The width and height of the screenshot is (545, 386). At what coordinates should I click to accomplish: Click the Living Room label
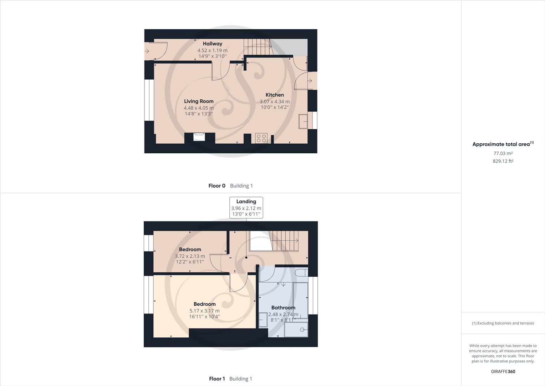tap(199, 101)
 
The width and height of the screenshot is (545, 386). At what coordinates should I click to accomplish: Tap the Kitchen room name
tap(275, 95)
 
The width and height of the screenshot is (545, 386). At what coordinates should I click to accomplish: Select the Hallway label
tap(213, 44)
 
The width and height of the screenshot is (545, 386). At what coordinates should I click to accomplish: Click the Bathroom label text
tap(283, 307)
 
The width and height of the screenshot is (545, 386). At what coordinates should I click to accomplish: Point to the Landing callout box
tap(246, 207)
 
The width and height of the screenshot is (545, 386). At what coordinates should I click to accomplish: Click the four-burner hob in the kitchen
tap(261, 138)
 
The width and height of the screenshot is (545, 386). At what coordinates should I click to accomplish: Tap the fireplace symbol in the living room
tap(199, 137)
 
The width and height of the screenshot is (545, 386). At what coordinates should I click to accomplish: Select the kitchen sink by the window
tap(304, 121)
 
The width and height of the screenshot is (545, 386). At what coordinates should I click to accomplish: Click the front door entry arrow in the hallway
tap(147, 51)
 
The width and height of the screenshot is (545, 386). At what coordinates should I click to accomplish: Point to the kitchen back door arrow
tap(310, 81)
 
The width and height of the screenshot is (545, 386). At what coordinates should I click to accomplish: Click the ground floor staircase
tap(257, 47)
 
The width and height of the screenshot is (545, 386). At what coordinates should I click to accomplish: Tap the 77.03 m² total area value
tap(503, 153)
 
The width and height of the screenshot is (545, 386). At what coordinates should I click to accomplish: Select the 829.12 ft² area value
tap(503, 161)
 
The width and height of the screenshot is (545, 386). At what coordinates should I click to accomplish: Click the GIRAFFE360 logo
tap(503, 371)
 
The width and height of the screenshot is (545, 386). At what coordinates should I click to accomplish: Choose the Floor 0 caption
tap(217, 185)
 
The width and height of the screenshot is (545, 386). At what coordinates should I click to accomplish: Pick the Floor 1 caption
tap(217, 378)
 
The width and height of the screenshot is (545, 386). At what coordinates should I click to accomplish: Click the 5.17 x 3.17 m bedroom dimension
tap(204, 311)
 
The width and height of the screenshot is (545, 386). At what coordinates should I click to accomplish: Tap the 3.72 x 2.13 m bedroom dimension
tap(190, 256)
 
